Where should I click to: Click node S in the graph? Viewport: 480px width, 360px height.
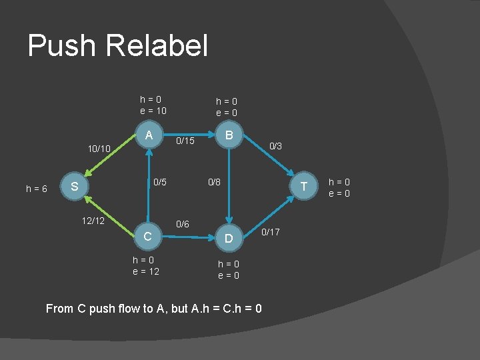(x=75, y=187)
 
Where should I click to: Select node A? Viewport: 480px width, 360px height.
(x=149, y=135)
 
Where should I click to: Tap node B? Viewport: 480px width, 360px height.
(x=229, y=135)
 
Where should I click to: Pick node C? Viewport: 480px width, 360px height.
(x=149, y=237)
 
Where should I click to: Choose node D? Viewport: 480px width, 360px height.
(x=229, y=238)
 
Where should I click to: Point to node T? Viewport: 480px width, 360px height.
(x=304, y=186)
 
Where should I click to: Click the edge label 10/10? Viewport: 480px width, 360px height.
(x=99, y=149)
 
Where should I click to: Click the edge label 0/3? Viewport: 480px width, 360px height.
(x=275, y=145)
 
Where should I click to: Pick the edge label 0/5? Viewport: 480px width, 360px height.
(x=160, y=181)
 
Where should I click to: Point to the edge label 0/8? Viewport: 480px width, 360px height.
(x=214, y=181)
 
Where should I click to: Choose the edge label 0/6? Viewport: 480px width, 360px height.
(x=182, y=225)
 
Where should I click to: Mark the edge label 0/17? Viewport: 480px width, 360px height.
(x=271, y=232)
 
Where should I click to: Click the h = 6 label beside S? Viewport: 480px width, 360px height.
(x=36, y=189)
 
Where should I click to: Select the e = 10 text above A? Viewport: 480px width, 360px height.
(x=153, y=111)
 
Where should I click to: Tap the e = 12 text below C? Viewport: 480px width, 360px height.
(x=146, y=271)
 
